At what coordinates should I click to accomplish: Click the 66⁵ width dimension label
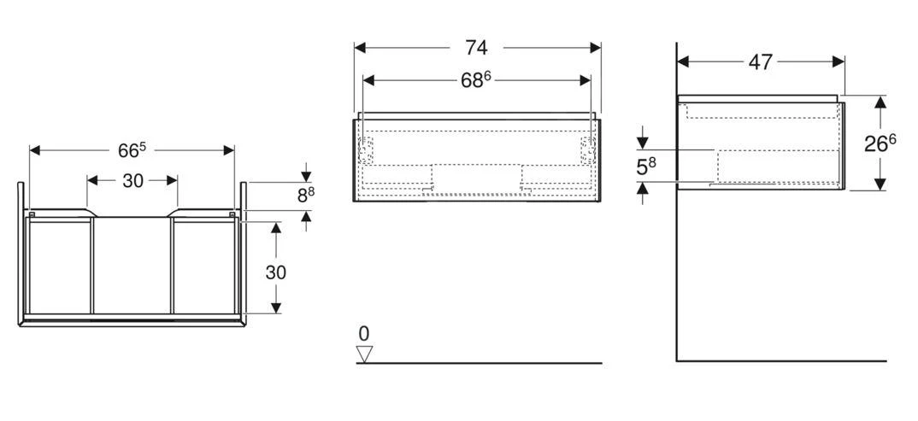tap(132, 150)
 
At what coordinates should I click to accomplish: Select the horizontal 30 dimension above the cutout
tap(132, 180)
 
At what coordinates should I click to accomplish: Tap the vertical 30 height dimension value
tap(275, 272)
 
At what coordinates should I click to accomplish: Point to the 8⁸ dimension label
tap(305, 195)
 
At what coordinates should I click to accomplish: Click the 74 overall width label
tap(477, 47)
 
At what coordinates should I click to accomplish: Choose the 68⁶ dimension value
tap(475, 79)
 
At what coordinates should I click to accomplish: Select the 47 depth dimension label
tap(760, 61)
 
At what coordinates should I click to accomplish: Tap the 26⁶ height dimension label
tap(880, 143)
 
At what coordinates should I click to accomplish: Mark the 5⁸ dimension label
tap(646, 167)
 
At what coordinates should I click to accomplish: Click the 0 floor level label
tap(363, 333)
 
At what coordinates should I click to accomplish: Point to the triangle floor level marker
tap(365, 353)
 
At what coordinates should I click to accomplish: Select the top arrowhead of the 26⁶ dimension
tap(880, 102)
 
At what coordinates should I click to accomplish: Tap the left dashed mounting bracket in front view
tap(367, 149)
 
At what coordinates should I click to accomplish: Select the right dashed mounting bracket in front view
tap(587, 149)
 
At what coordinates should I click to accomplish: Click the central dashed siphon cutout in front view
tap(476, 178)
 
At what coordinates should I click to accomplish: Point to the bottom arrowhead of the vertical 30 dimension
tap(275, 308)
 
